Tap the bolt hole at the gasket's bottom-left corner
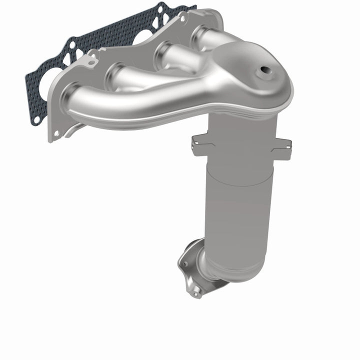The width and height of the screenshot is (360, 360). pos(36,120)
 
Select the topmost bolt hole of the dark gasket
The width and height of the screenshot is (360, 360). pos(160,8)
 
